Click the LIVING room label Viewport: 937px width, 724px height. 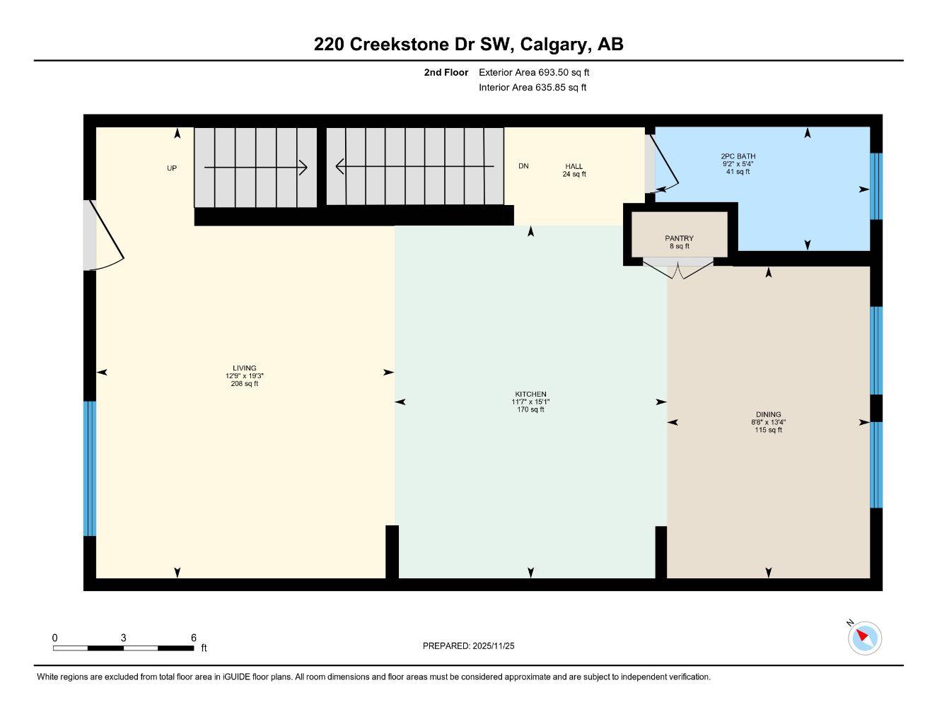[x=244, y=368]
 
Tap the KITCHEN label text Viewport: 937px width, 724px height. [x=530, y=394]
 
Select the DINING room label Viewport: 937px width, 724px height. [x=768, y=414]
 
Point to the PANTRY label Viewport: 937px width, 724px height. [x=679, y=238]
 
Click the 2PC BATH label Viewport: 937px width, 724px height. [x=738, y=156]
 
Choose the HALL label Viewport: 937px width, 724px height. [x=574, y=166]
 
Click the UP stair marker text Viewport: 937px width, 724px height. [x=172, y=168]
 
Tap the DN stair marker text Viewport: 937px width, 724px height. [x=523, y=166]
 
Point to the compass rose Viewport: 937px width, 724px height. [x=864, y=638]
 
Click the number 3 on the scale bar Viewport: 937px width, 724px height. [x=123, y=637]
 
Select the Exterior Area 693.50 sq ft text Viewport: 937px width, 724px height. [x=534, y=72]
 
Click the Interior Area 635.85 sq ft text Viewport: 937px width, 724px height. [x=532, y=88]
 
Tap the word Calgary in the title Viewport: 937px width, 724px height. [x=555, y=45]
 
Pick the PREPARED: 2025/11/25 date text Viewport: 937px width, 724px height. [x=468, y=646]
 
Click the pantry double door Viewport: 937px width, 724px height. [x=678, y=268]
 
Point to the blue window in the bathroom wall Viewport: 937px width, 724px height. [x=875, y=186]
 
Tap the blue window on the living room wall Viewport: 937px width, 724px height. [x=90, y=469]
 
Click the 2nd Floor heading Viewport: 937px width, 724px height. [x=446, y=72]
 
